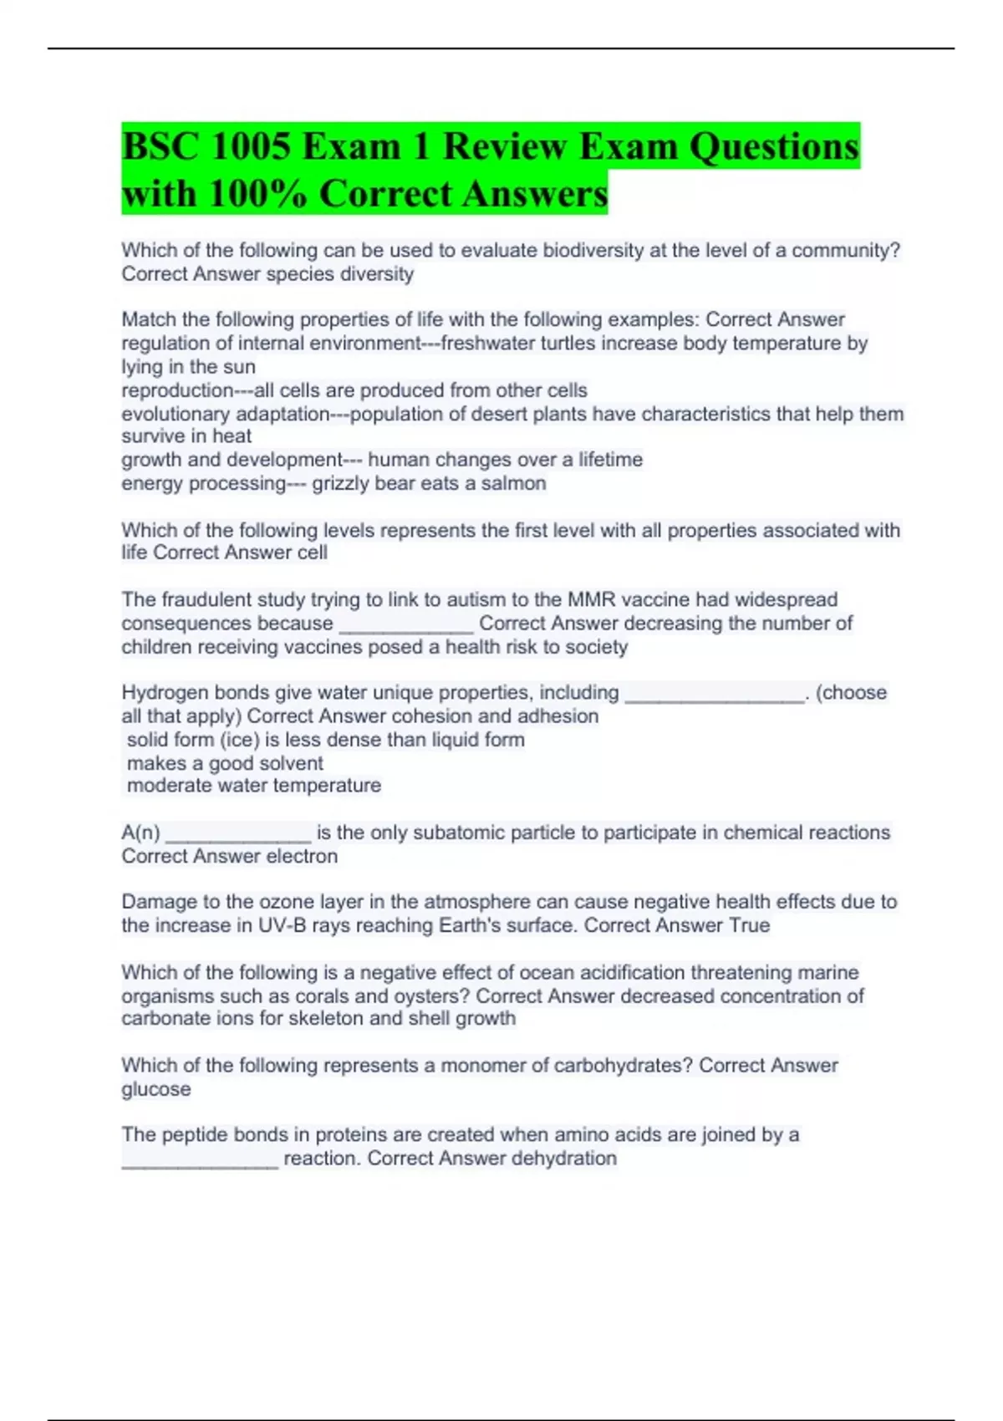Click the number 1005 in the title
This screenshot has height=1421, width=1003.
tap(250, 147)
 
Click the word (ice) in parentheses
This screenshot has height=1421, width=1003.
tap(240, 740)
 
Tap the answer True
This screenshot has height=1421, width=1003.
tap(749, 925)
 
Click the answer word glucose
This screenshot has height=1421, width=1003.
tap(156, 1089)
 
